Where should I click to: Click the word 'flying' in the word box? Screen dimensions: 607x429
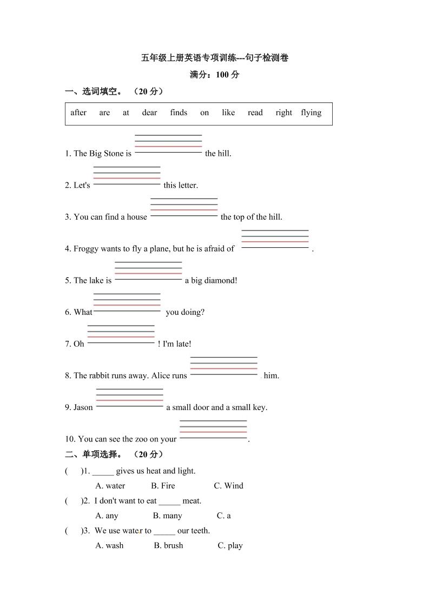click(311, 113)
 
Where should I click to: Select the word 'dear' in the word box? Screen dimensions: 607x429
click(149, 113)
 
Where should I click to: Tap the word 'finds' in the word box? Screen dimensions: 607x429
click(179, 113)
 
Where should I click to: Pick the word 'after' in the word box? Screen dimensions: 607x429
click(78, 113)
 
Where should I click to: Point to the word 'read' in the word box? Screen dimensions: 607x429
click(255, 113)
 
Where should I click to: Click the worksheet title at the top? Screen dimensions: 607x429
click(214, 58)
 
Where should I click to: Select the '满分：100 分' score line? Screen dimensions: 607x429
click(214, 75)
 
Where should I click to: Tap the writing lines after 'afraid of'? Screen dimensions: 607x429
click(275, 240)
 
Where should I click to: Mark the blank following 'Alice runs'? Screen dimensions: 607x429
click(223, 366)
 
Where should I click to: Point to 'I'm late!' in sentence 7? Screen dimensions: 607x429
click(177, 344)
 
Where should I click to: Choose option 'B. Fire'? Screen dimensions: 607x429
click(163, 486)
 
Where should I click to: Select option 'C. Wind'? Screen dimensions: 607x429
click(228, 486)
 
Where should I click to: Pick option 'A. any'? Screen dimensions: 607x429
click(107, 516)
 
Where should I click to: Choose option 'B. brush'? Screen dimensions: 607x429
click(168, 545)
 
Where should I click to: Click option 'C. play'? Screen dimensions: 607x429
click(230, 545)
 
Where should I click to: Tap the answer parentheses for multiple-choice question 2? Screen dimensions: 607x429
click(72, 501)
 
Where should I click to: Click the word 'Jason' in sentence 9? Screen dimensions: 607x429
click(83, 407)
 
